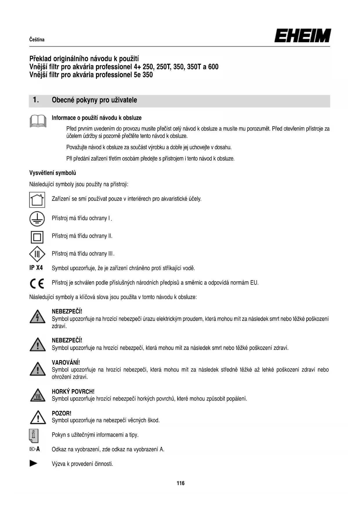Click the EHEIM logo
[x=302, y=36]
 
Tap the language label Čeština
[x=37, y=40]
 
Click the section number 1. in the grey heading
[x=36, y=100]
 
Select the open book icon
[x=38, y=121]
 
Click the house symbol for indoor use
[x=37, y=200]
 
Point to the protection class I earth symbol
[x=37, y=219]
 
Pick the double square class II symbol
[x=37, y=237]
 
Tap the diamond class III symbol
[x=37, y=254]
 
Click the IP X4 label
[x=36, y=268]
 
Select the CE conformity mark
[x=37, y=283]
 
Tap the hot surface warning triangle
[x=37, y=396]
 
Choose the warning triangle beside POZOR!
[x=38, y=417]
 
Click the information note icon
[x=34, y=435]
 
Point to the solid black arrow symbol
[x=34, y=463]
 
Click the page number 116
[x=180, y=483]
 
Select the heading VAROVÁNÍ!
[x=66, y=362]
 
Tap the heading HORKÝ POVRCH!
[x=73, y=391]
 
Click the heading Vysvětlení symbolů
[x=53, y=173]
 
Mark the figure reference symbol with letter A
[x=35, y=449]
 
